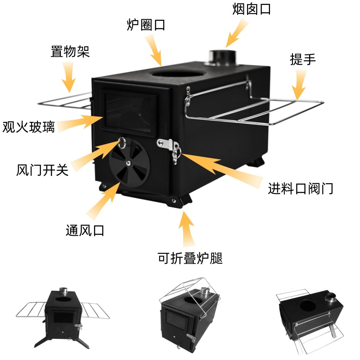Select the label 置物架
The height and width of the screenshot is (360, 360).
70,51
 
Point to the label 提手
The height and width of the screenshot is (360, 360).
303,59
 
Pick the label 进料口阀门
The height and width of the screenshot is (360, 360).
300,188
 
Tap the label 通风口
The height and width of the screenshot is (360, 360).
85,231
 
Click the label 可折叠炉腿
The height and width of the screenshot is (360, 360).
190,259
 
